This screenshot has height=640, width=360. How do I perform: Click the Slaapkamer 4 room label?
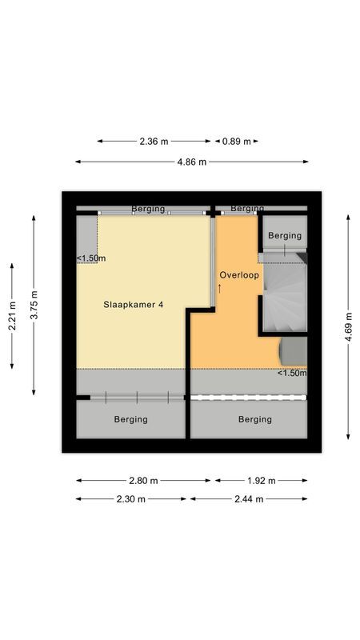click(x=134, y=304)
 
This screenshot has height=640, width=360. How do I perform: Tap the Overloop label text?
click(x=238, y=274)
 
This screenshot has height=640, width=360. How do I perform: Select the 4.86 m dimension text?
click(x=192, y=162)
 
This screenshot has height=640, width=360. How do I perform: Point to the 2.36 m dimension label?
click(x=154, y=142)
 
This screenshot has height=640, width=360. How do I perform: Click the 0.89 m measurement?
click(x=236, y=142)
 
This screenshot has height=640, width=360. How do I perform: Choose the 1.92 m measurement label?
click(x=259, y=481)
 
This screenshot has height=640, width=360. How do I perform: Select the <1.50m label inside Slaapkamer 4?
click(x=91, y=258)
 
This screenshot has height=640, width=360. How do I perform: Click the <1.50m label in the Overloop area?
click(x=292, y=373)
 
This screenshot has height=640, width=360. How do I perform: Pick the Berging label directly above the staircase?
click(x=285, y=235)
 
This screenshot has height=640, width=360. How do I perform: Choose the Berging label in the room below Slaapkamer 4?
click(x=130, y=419)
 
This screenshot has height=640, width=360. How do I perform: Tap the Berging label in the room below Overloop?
click(x=254, y=419)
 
